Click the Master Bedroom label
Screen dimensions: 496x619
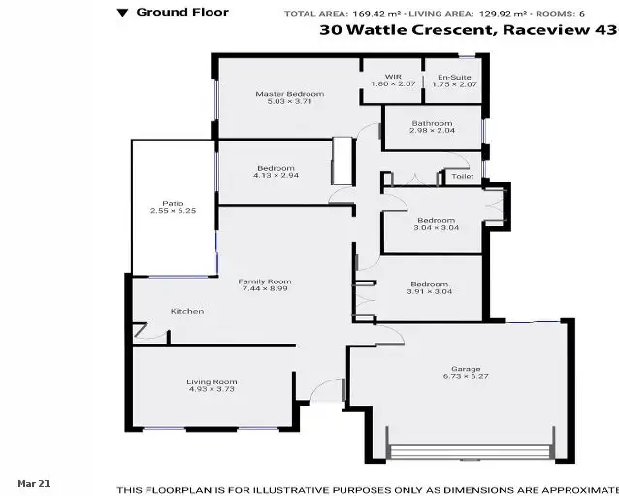pyautogui.click(x=289, y=94)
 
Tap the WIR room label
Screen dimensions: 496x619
pyautogui.click(x=392, y=77)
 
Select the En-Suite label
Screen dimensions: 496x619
pyautogui.click(x=454, y=77)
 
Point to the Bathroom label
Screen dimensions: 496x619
pyautogui.click(x=432, y=123)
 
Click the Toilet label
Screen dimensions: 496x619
pyautogui.click(x=462, y=177)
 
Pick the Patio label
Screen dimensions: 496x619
pyautogui.click(x=173, y=202)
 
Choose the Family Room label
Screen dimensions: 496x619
pyautogui.click(x=265, y=281)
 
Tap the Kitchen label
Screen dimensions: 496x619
pyautogui.click(x=187, y=311)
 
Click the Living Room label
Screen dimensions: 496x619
pyautogui.click(x=212, y=381)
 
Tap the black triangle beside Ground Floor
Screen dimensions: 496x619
pyautogui.click(x=122, y=13)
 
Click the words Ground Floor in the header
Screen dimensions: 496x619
pyautogui.click(x=169, y=13)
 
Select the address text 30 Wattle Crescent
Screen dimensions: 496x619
pyautogui.click(x=407, y=31)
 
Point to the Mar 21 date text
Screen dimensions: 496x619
pyautogui.click(x=34, y=482)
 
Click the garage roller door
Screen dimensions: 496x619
pyautogui.click(x=470, y=452)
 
